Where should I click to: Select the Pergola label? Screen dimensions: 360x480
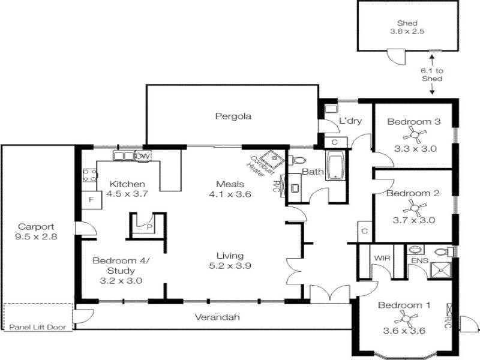click(233, 116)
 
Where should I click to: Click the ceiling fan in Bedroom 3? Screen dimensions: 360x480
click(413, 134)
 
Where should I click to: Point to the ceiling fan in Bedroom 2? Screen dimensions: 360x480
click(413, 207)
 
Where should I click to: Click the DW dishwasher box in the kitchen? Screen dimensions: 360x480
click(142, 156)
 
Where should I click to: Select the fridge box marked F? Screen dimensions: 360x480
click(92, 200)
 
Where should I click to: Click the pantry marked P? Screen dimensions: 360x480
click(148, 226)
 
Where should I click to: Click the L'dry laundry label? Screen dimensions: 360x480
click(350, 121)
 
